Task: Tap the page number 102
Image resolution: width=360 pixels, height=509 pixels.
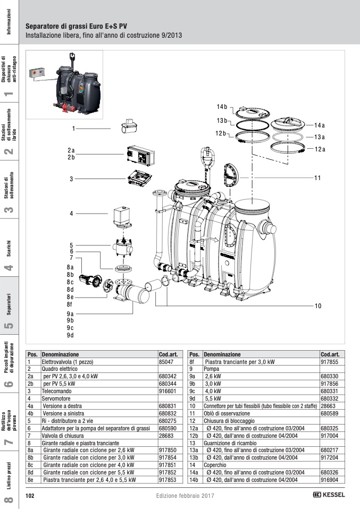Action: click(x=30, y=495)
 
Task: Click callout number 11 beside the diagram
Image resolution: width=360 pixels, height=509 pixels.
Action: click(x=317, y=177)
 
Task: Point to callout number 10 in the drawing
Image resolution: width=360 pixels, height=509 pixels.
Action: click(x=317, y=306)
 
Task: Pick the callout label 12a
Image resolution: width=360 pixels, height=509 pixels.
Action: click(x=320, y=149)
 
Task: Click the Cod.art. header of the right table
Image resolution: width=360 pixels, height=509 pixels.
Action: click(x=331, y=354)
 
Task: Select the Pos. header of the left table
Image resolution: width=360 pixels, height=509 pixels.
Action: click(x=32, y=354)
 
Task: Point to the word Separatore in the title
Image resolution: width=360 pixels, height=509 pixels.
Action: click(x=41, y=26)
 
